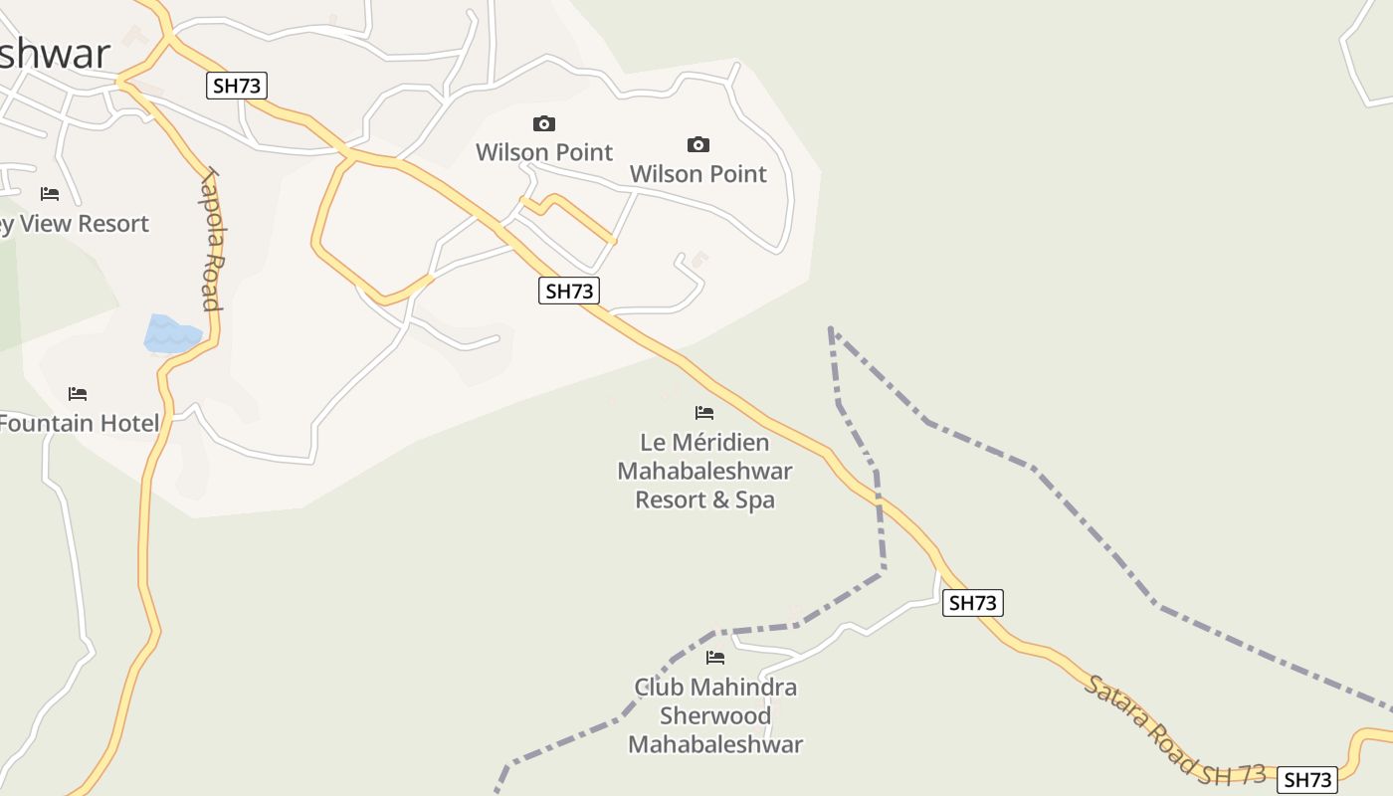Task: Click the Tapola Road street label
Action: [x=210, y=239]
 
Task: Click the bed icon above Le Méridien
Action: [x=704, y=413]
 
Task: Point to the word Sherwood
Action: [x=715, y=715]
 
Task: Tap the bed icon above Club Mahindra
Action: [x=715, y=658]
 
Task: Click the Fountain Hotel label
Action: [x=79, y=424]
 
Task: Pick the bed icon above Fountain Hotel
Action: [x=78, y=394]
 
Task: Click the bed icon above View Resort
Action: [x=50, y=194]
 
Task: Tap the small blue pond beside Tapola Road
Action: [x=170, y=334]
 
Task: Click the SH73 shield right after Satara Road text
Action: [x=1306, y=780]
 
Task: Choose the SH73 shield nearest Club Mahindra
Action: [x=972, y=603]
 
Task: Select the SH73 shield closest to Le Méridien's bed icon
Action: [x=568, y=291]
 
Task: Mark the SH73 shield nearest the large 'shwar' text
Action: [x=237, y=86]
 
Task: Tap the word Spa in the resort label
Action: [x=755, y=499]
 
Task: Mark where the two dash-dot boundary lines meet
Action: [x=831, y=329]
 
